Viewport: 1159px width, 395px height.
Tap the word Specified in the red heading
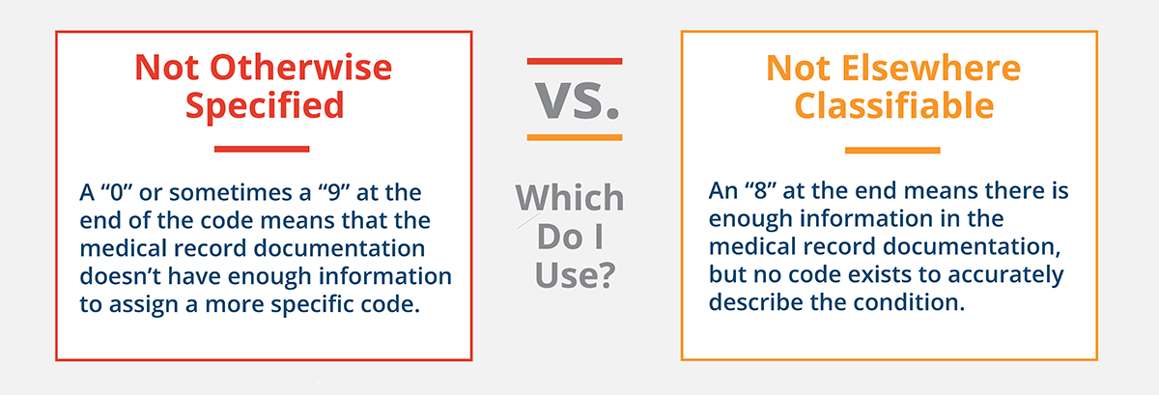tap(264, 104)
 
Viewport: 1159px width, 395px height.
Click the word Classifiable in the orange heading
tap(890, 104)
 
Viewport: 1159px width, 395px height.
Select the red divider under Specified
tap(262, 149)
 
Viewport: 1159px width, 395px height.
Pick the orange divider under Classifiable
tap(891, 150)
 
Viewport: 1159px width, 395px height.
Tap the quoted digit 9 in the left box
tap(345, 192)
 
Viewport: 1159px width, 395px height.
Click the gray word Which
tap(570, 198)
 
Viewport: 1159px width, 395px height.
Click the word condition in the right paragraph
tap(916, 302)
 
